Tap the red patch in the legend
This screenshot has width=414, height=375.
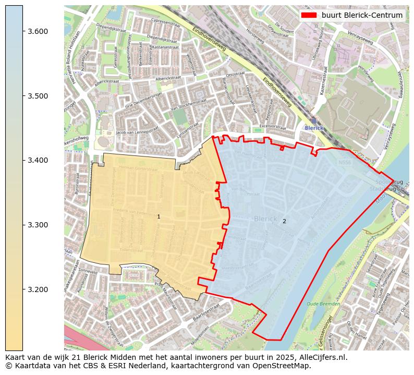(309, 15)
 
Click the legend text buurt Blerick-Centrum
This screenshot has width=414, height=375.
(362, 15)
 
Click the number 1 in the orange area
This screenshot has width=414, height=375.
(159, 216)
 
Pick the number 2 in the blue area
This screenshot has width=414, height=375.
(284, 221)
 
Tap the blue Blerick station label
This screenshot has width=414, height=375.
(314, 128)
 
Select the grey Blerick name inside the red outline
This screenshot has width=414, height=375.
(265, 219)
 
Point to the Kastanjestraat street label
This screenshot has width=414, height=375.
(166, 47)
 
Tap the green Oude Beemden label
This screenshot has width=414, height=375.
(323, 304)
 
